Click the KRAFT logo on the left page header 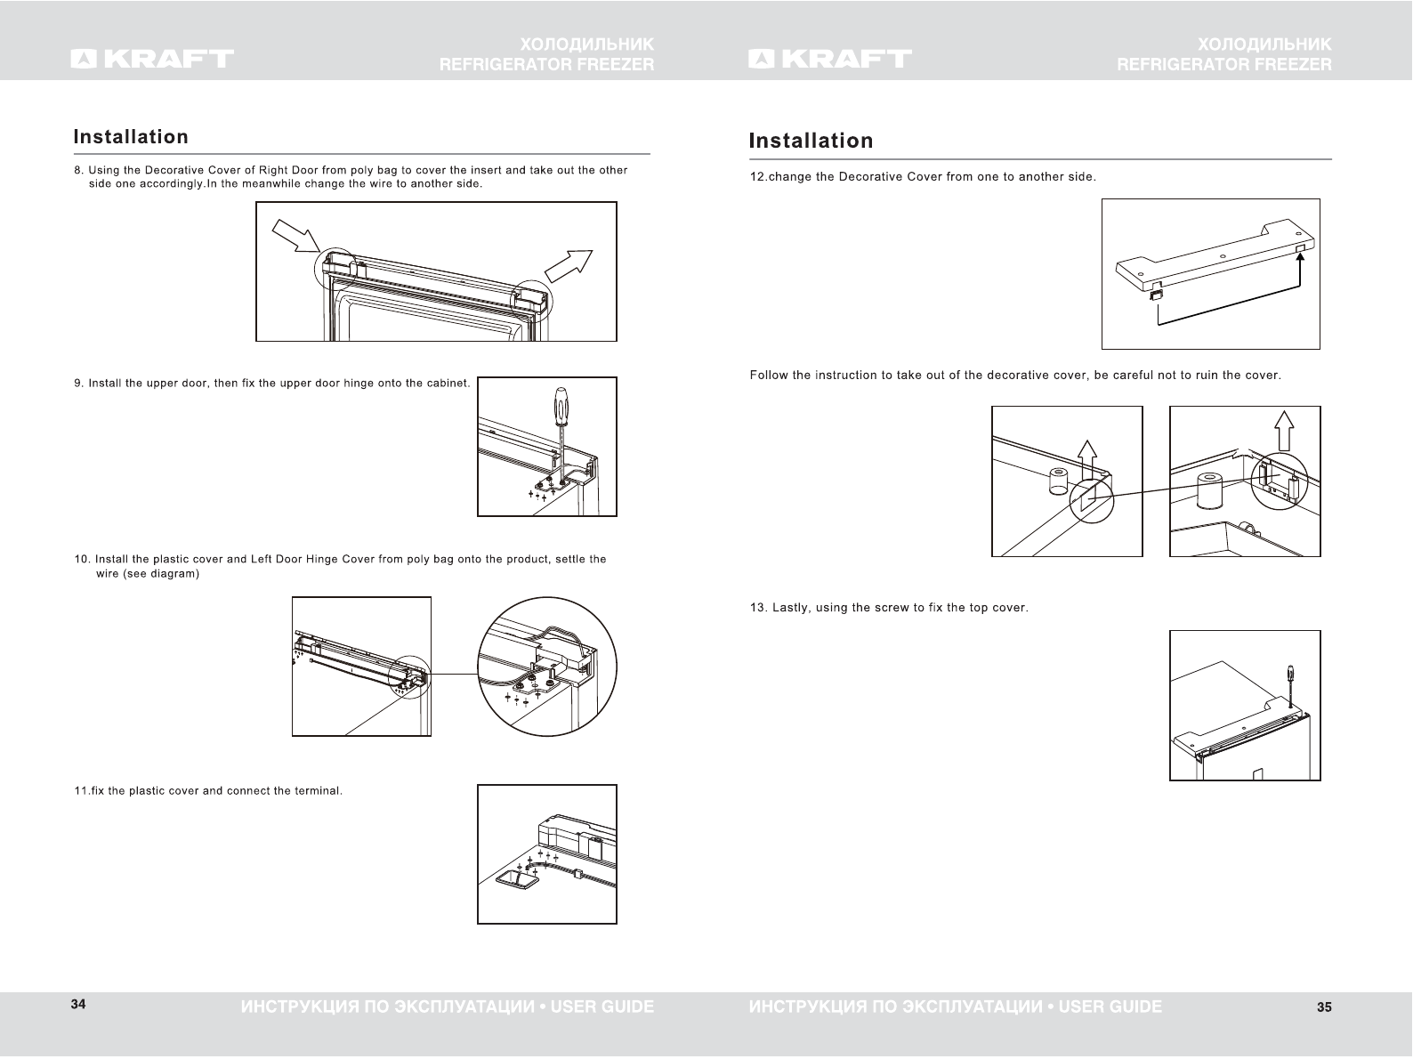pos(152,59)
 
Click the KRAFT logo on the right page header pos(830,59)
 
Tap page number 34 pos(78,1005)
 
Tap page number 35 pos(1324,1007)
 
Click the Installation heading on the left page pos(131,137)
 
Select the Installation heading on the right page pos(811,141)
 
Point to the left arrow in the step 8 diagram pos(295,236)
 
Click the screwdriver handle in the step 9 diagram pos(561,406)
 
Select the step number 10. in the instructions pos(82,560)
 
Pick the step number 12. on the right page pos(758,177)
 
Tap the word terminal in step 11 pos(319,791)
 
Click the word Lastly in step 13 pos(792,609)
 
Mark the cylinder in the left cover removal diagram pos(1058,481)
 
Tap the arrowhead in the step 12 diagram pos(1300,259)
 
